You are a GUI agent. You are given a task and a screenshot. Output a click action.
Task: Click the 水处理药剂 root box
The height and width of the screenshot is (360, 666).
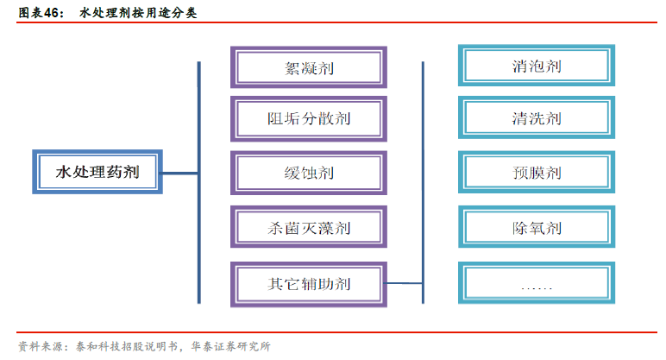point(97,172)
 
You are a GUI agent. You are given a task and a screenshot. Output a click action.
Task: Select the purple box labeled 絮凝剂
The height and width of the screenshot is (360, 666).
point(308,66)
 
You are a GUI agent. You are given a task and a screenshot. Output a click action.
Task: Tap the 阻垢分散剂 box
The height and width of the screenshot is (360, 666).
point(308,119)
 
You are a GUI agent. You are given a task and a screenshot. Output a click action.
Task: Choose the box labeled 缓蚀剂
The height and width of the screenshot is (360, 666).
point(308,173)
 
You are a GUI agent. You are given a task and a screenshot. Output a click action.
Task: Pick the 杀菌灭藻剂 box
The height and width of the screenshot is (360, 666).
point(308,229)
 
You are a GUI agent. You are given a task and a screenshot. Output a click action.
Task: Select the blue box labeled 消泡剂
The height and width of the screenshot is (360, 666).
point(537,66)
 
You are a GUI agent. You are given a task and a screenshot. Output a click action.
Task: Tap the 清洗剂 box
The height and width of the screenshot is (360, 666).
point(537,118)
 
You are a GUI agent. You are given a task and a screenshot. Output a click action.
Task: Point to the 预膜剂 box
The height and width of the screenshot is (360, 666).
point(537,173)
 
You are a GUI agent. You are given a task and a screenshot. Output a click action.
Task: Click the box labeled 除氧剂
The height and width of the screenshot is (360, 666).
point(537,228)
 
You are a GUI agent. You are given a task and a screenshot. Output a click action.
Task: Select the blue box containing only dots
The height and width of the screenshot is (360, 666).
point(537,283)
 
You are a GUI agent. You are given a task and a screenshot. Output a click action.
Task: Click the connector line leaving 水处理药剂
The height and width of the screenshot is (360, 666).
point(180,173)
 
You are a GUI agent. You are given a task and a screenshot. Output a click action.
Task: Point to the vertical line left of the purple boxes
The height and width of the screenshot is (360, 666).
point(199,182)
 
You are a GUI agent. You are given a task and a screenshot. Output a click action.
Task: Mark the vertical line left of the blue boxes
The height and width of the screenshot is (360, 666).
point(423,182)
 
